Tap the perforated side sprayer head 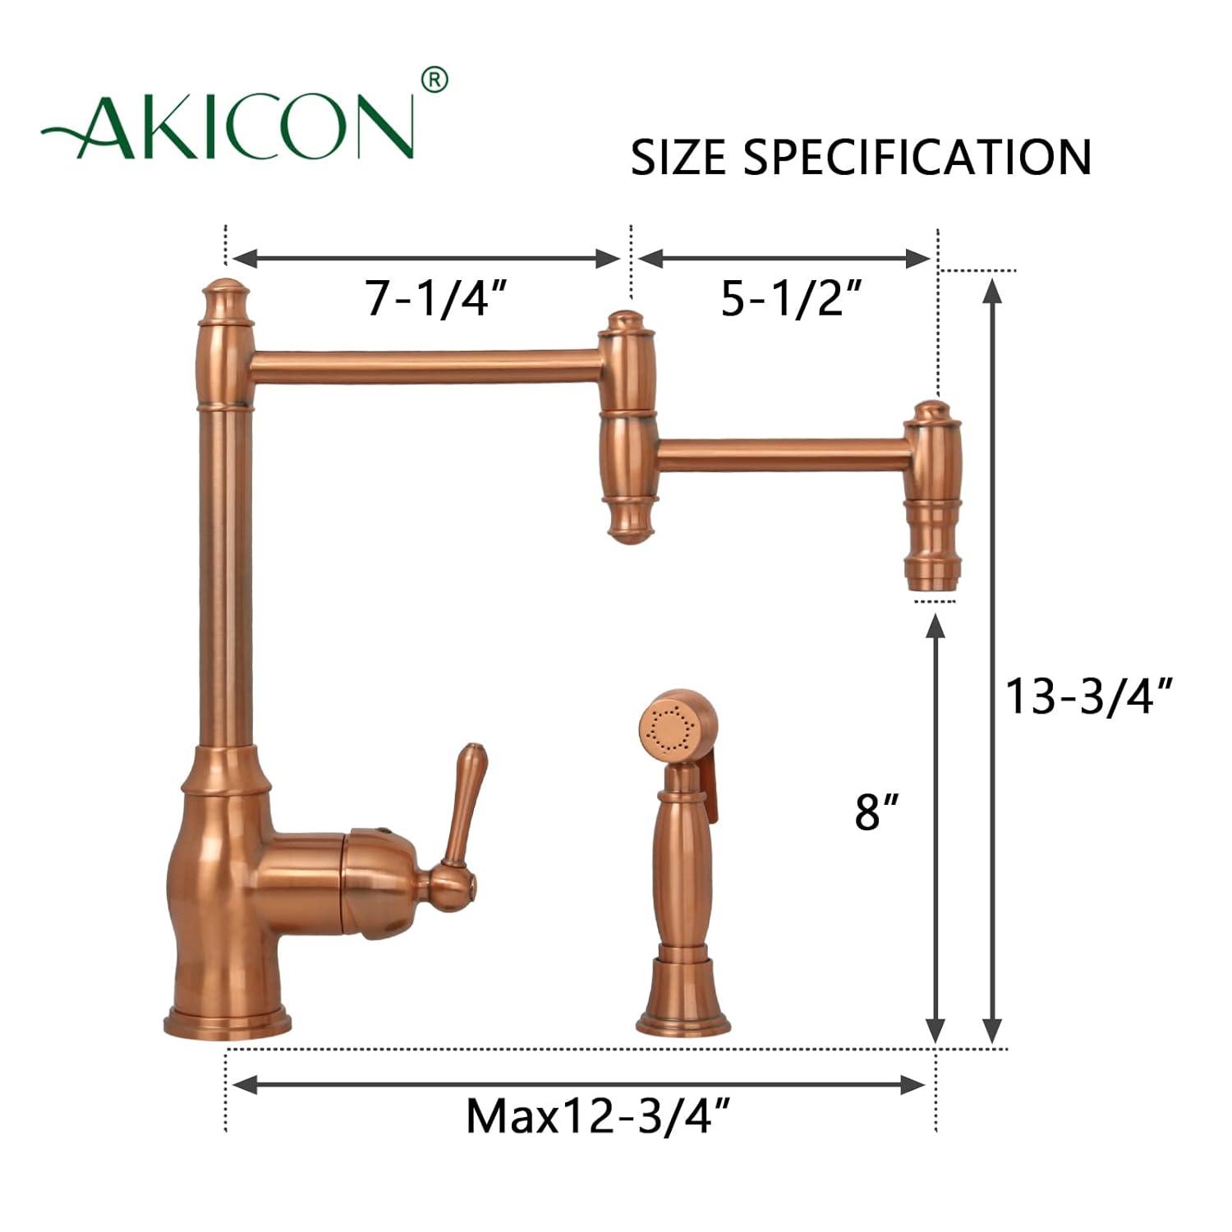click(667, 727)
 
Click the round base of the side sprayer click(683, 1018)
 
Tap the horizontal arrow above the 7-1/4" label click(425, 259)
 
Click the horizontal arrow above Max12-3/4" click(579, 1085)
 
